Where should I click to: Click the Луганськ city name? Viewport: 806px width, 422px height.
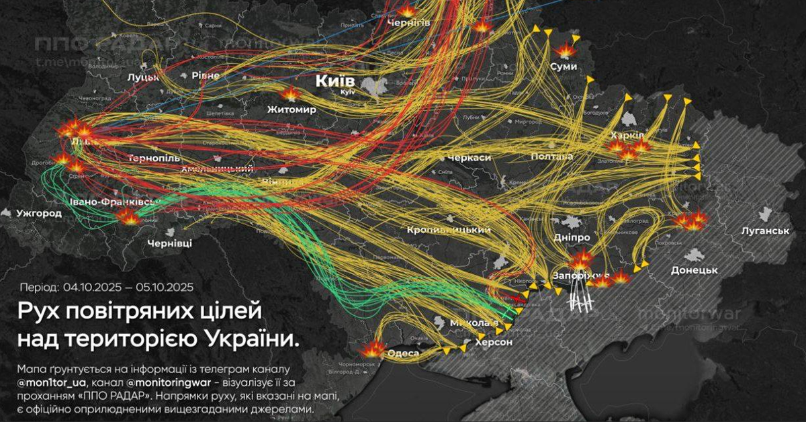tap(762, 230)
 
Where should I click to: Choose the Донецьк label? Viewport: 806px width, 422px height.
tap(695, 270)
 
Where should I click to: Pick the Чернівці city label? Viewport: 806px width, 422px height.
tap(169, 243)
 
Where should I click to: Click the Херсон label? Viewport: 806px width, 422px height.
tap(494, 342)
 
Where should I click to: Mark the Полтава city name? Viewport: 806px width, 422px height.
tap(551, 156)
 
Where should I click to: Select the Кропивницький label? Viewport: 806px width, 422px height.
tap(448, 230)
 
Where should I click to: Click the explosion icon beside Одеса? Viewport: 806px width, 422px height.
tap(371, 349)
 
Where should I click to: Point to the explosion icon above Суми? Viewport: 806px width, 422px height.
tap(565, 50)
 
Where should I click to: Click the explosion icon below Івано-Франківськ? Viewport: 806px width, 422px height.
tap(128, 216)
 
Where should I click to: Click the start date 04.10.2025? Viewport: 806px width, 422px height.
tap(93, 287)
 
